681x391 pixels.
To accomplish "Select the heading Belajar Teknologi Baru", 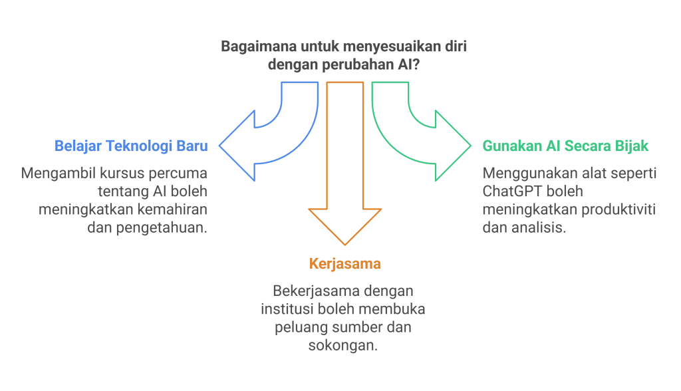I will pos(130,146).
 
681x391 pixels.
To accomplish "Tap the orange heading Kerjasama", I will pos(344,264).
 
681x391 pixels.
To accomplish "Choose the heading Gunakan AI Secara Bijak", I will pos(565,146).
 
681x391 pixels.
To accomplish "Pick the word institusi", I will pos(289,310).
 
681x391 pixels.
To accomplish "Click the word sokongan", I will pos(344,346).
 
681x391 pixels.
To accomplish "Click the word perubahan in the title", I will pos(352,65).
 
